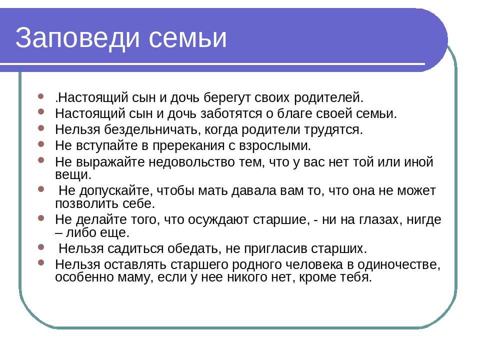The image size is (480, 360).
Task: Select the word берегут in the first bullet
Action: (227, 98)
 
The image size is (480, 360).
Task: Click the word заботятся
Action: (231, 114)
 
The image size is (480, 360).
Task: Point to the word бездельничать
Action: (152, 130)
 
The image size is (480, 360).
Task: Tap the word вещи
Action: (73, 175)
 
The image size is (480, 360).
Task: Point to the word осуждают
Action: (218, 220)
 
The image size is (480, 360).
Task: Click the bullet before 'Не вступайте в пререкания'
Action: (41, 144)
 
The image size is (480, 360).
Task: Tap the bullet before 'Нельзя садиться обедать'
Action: (41, 246)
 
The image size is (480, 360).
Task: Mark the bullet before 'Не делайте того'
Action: (41, 218)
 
